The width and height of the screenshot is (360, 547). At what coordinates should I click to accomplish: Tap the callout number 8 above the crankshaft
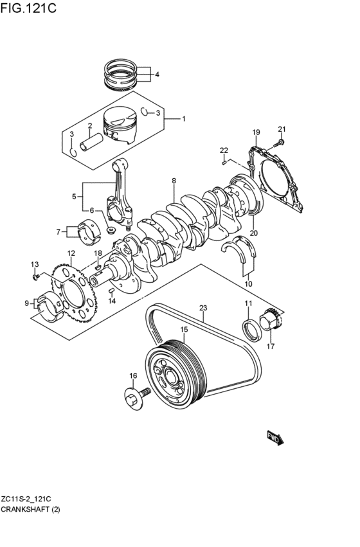tap(174, 182)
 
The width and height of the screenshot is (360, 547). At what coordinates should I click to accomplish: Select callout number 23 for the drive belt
tap(203, 308)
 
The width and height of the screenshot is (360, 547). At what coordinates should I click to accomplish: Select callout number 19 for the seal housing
tap(255, 133)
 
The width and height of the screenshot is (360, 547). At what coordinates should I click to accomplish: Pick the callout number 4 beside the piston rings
tap(156, 75)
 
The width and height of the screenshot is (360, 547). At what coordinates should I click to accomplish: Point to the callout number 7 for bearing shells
tap(59, 231)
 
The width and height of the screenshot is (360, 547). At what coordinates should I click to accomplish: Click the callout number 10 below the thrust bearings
tap(248, 283)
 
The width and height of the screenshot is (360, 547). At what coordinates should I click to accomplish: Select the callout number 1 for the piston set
tap(183, 119)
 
